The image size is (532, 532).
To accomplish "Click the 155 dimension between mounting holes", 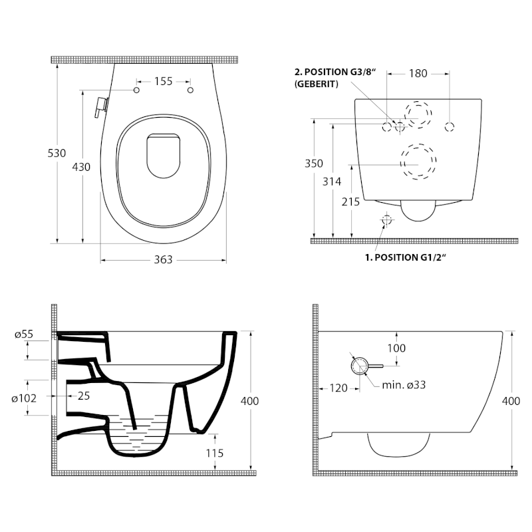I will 164,81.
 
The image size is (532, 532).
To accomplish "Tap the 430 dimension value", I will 81,168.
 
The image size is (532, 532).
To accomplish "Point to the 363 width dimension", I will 163,259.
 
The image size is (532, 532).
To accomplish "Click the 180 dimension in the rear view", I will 418,74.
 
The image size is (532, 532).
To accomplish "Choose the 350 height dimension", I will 314,164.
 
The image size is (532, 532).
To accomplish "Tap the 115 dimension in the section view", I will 214,453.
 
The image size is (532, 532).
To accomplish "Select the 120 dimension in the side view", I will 339,388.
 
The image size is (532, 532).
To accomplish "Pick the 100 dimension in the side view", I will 397,348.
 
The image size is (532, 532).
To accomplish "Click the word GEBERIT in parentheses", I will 317,84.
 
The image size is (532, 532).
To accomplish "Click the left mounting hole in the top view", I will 138,90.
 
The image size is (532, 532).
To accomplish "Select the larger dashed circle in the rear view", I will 418,162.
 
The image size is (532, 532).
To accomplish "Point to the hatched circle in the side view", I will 358,365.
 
